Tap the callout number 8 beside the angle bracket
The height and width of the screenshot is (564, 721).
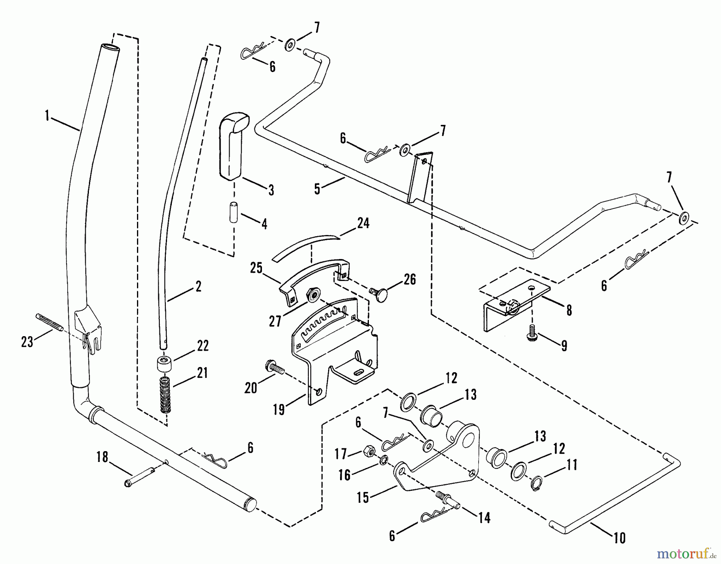[x=569, y=310]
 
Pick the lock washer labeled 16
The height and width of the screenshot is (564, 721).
[x=383, y=459]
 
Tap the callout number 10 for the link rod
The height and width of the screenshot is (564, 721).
[x=619, y=538]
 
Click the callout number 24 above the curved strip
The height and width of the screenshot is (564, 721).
[x=363, y=223]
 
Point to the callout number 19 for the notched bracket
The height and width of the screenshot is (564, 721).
[x=279, y=409]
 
